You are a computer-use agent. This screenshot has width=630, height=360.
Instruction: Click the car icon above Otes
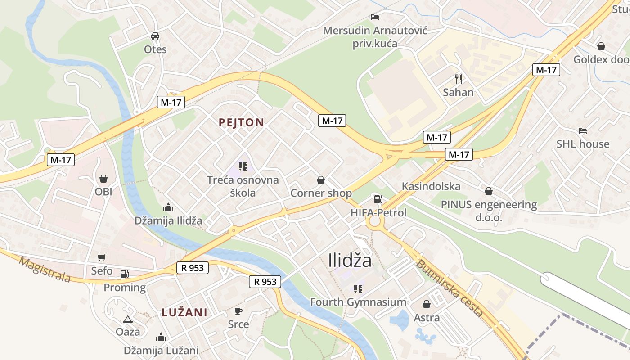pyautogui.click(x=155, y=36)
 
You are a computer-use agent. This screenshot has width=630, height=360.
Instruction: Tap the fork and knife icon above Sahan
pyautogui.click(x=459, y=79)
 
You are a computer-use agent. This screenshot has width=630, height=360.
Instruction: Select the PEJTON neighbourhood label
pyautogui.click(x=241, y=122)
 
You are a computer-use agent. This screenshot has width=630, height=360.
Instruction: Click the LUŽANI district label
pyautogui.click(x=184, y=312)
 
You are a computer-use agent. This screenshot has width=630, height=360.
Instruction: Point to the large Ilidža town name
pyautogui.click(x=350, y=261)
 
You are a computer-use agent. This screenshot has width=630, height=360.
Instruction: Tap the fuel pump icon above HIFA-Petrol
pyautogui.click(x=378, y=199)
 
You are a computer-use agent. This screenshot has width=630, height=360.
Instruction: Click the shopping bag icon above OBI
pyautogui.click(x=103, y=179)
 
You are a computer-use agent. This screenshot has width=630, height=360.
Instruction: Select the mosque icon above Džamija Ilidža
pyautogui.click(x=168, y=207)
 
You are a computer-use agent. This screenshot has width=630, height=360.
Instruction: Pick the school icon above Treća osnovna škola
pyautogui.click(x=243, y=166)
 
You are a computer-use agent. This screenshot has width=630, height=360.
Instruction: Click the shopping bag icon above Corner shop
pyautogui.click(x=321, y=180)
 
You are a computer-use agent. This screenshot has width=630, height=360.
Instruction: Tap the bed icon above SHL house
pyautogui.click(x=583, y=131)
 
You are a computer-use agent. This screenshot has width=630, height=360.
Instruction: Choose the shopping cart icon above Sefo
pyautogui.click(x=102, y=258)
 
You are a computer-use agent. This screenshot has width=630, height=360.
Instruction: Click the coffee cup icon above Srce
pyautogui.click(x=238, y=311)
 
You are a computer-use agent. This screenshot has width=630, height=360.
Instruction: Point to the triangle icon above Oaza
pyautogui.click(x=128, y=319)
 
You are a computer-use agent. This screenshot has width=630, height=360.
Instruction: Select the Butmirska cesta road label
pyautogui.click(x=450, y=288)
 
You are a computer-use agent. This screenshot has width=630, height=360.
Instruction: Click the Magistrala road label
pyautogui.click(x=45, y=269)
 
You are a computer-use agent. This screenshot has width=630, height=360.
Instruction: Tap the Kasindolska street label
pyautogui.click(x=431, y=186)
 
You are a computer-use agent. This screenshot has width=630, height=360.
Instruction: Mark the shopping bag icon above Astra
pyautogui.click(x=427, y=304)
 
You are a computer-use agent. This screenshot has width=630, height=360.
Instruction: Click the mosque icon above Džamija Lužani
pyautogui.click(x=161, y=337)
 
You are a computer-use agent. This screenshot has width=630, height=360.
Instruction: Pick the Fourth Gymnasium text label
pyautogui.click(x=358, y=302)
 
